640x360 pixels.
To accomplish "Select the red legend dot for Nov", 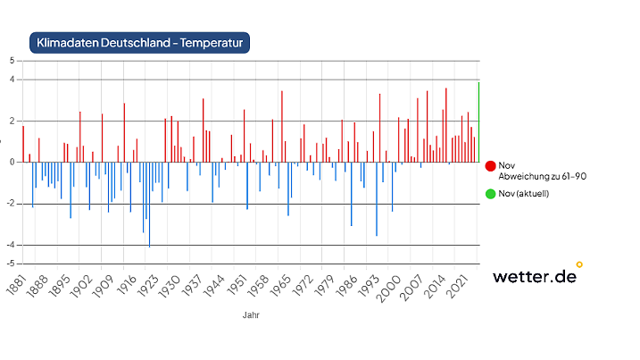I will point(490,166).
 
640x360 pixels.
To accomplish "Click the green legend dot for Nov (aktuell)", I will point(490,193).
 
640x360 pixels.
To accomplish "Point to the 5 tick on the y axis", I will point(12,61).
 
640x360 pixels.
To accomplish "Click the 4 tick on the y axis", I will point(12,80).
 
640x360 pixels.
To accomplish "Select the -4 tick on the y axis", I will point(10,245).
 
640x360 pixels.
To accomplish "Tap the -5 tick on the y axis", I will point(10,264).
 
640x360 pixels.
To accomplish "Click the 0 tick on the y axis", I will point(12,163).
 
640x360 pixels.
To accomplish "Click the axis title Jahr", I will point(251,314).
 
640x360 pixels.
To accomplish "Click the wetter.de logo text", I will point(534,276).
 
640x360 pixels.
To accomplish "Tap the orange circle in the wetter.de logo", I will point(579,264).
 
